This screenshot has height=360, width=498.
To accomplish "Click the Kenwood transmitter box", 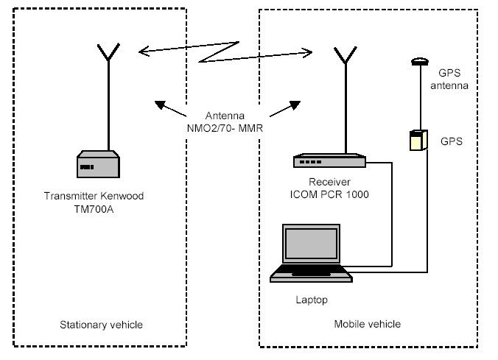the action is [98, 164].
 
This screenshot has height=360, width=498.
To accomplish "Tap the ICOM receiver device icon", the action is [329, 160].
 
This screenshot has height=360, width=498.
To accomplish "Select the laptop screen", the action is [311, 244].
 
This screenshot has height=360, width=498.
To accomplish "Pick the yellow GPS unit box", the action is [418, 140].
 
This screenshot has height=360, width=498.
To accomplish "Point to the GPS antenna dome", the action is [420, 61].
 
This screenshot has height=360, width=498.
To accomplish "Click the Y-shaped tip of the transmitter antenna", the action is [108, 52].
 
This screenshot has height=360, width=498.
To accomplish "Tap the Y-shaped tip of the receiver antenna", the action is [346, 55].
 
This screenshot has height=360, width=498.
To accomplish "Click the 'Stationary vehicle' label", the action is [102, 325].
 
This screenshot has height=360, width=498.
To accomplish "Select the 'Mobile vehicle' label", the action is [368, 324].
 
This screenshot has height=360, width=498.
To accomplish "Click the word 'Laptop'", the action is [312, 300].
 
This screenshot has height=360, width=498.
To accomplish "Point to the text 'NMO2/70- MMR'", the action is [225, 128].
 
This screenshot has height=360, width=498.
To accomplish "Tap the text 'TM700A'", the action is [94, 209].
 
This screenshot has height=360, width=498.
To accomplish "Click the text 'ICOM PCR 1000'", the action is [329, 194].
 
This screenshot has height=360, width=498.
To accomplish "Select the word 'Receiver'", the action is [329, 182].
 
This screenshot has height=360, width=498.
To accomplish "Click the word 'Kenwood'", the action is [122, 196].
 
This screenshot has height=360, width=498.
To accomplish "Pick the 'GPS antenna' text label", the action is [449, 79].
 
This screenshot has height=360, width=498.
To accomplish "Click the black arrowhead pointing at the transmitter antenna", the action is [160, 105].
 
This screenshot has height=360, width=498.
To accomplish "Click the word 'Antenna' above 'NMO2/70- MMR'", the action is [225, 116].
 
